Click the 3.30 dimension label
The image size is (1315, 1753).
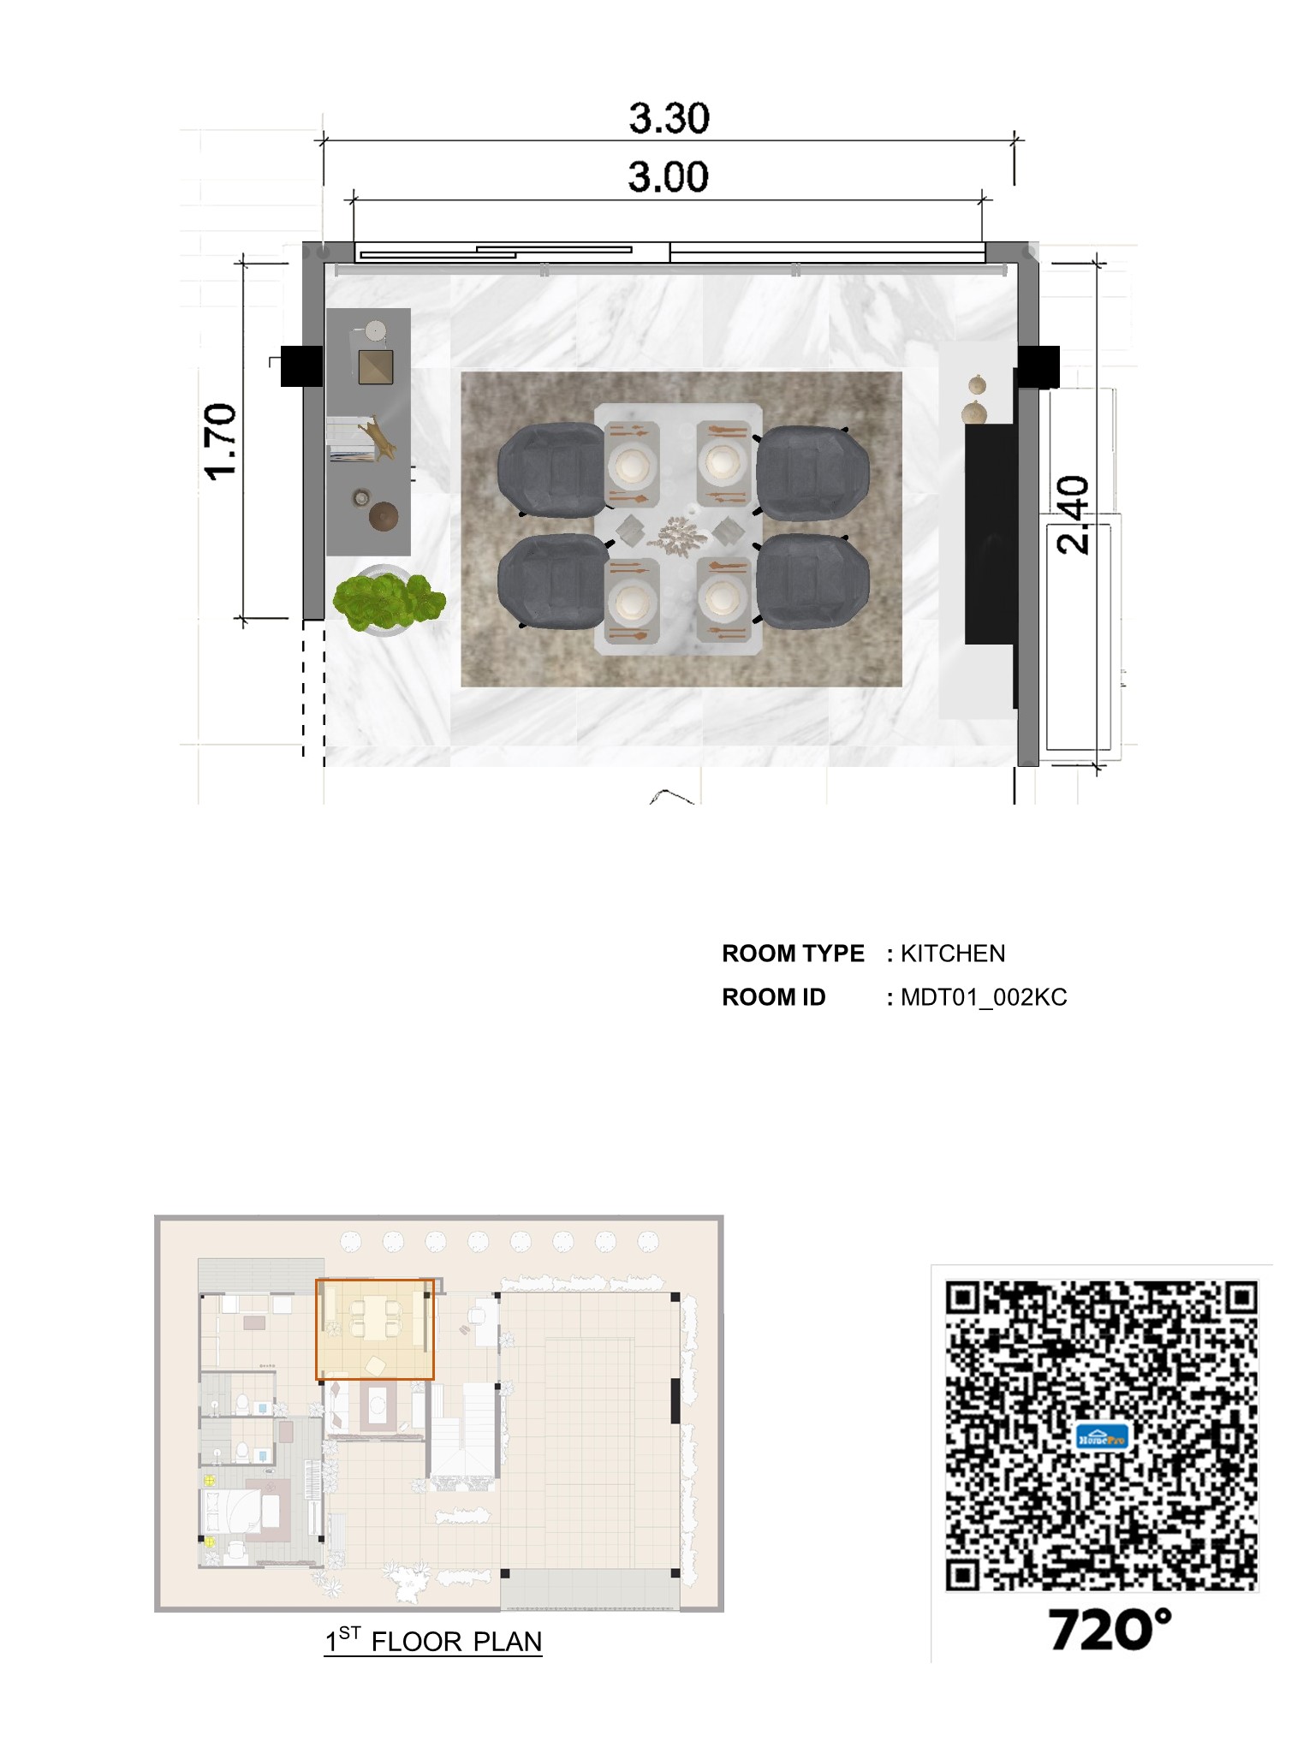[669, 118]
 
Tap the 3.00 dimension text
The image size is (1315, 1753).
[668, 177]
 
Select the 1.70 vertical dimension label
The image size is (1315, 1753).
[221, 441]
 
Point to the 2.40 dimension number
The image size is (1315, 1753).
[1073, 515]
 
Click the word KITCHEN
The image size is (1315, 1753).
[953, 954]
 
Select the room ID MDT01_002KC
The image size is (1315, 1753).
[984, 998]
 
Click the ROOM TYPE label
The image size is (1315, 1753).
[793, 954]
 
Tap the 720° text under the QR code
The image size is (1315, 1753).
[1110, 1630]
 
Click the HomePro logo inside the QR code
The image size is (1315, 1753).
[1102, 1437]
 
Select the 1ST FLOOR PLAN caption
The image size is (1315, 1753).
[433, 1641]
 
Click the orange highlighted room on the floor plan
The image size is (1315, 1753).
[375, 1328]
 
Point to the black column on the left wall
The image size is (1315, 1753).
[301, 365]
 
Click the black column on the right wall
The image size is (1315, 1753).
[1038, 366]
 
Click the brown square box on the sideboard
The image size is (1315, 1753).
[375, 366]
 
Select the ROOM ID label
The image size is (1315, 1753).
[773, 998]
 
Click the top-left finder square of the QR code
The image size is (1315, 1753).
[964, 1300]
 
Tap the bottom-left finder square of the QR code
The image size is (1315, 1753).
[964, 1573]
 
